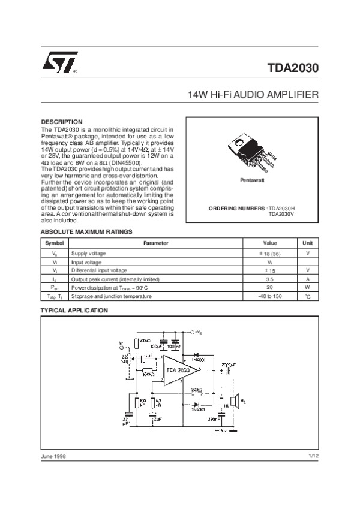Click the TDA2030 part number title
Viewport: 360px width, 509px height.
point(292,68)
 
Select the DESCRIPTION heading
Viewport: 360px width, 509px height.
point(61,122)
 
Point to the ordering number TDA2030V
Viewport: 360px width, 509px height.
point(282,214)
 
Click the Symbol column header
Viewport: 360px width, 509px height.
point(55,243)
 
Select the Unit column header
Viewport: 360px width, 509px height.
point(307,243)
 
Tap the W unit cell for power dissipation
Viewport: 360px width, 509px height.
point(307,287)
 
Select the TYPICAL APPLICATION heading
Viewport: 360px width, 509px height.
point(74,311)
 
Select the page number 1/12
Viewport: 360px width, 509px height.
point(313,457)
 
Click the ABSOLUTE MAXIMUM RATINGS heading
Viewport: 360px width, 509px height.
point(86,232)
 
